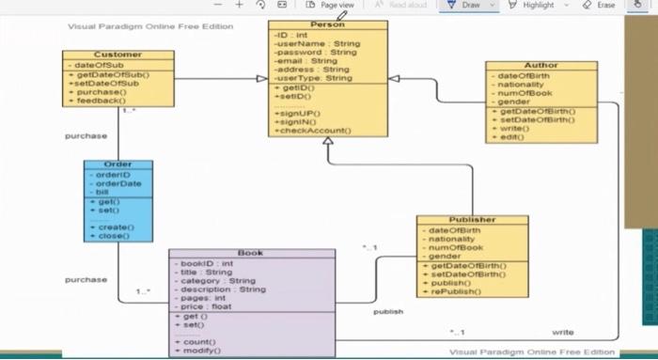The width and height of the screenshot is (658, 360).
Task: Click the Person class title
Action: pyautogui.click(x=327, y=24)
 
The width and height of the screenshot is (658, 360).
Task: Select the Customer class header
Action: pyautogui.click(x=118, y=55)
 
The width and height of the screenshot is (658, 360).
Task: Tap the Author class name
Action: pyautogui.click(x=540, y=66)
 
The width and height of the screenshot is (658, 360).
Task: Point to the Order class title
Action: pyautogui.click(x=117, y=164)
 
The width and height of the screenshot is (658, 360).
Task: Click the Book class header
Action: pyautogui.click(x=251, y=253)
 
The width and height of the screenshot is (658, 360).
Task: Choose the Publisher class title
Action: pyautogui.click(x=472, y=220)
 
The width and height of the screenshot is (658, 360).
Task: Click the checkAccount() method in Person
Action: pyautogui.click(x=311, y=131)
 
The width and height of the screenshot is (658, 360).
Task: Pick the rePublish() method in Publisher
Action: pyautogui.click(x=457, y=291)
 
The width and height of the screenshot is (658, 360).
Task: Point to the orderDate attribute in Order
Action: pyautogui.click(x=117, y=183)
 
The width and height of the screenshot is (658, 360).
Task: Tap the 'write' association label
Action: pyautogui.click(x=562, y=332)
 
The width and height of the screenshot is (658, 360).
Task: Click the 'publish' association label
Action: pyautogui.click(x=388, y=311)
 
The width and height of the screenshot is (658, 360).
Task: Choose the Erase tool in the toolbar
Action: pyautogui.click(x=600, y=6)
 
